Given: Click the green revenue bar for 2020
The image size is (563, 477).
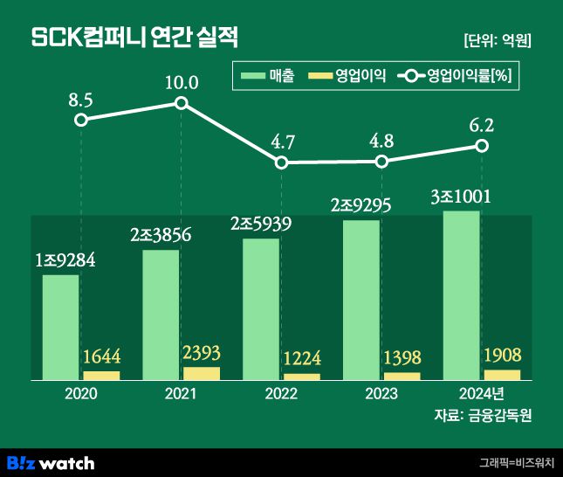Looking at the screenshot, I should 60,327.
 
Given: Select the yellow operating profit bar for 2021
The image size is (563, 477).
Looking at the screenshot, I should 202,373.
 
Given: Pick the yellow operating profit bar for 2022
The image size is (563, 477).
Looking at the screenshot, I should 302,377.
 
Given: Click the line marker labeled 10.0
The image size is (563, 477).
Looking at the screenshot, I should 182,103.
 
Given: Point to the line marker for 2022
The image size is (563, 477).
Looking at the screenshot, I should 281,162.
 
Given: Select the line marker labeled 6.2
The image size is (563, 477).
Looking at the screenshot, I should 481,145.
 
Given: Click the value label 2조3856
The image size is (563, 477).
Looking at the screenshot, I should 161,234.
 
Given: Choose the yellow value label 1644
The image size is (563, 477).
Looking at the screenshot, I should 101,357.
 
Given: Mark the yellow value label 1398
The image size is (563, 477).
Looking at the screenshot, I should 402,358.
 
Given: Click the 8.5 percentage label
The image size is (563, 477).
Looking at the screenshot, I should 80,100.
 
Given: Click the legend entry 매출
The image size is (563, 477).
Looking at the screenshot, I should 269,75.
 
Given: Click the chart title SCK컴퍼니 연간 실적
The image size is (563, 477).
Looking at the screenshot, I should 134,38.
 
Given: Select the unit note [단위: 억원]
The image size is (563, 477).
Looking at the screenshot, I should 498,40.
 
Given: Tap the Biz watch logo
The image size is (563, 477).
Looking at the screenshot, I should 51,462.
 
